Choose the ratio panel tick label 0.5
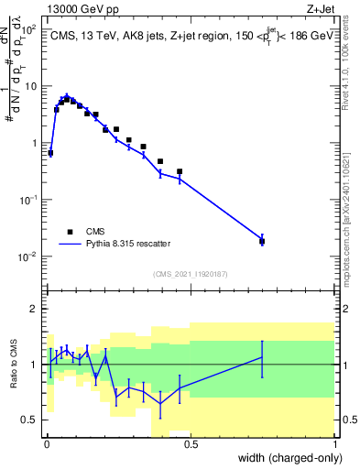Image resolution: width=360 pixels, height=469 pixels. point(29,420)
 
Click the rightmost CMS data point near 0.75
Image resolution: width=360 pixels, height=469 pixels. point(262,241)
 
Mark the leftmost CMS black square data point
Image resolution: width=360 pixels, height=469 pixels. point(50,152)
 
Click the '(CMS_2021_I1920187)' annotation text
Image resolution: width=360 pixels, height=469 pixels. point(190,273)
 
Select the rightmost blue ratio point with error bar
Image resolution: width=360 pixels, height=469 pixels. point(262,357)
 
